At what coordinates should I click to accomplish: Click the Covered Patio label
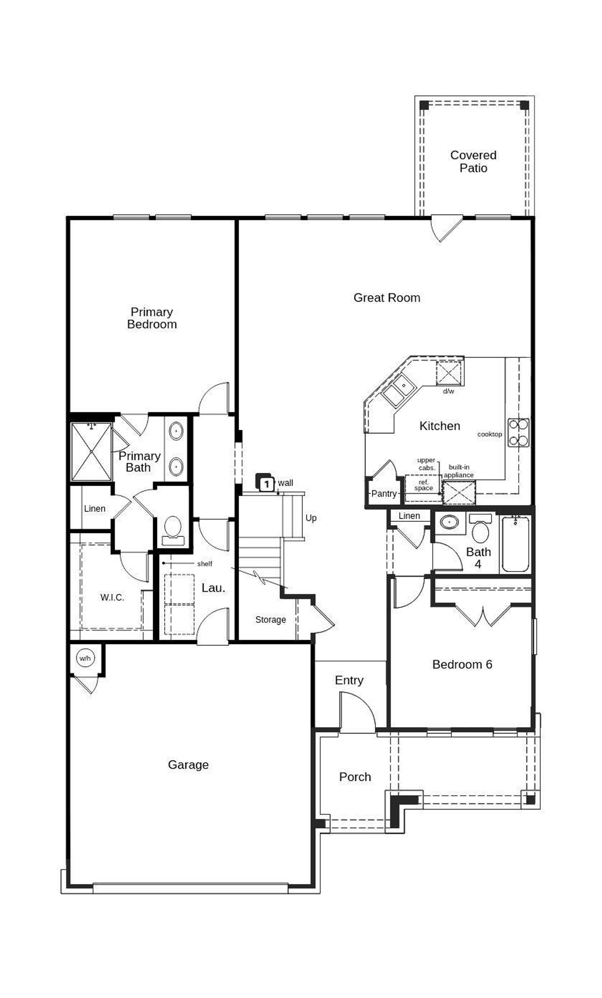point(473,161)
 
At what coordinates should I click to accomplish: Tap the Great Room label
point(387,298)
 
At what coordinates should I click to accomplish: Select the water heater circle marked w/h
point(85,658)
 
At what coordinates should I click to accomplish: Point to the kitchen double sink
point(398,390)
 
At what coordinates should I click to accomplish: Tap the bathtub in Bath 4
point(515,544)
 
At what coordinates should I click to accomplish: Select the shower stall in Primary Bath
point(91,451)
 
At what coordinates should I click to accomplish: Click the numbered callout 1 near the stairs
point(267,483)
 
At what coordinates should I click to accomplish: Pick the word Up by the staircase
point(311,518)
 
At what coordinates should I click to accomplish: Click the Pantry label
point(384,494)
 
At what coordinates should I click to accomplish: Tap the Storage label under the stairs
point(270,620)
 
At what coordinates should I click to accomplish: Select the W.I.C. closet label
point(112,597)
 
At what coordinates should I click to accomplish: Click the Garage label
point(188,765)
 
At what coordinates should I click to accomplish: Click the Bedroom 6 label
point(462,664)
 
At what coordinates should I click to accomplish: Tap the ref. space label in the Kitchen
point(423,485)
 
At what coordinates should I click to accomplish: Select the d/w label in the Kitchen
point(448,391)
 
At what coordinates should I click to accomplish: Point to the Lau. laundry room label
point(214,588)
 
